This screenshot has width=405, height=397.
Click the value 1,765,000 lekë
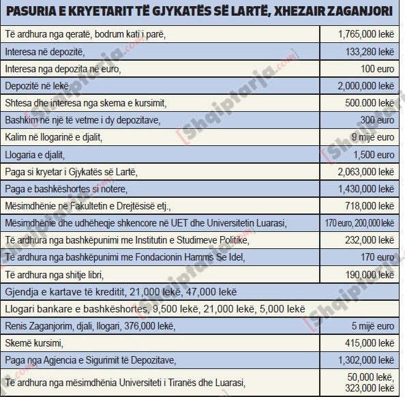click(x=366, y=33)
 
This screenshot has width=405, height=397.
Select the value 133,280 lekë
click(x=370, y=51)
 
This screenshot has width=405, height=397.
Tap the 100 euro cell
click(x=378, y=68)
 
